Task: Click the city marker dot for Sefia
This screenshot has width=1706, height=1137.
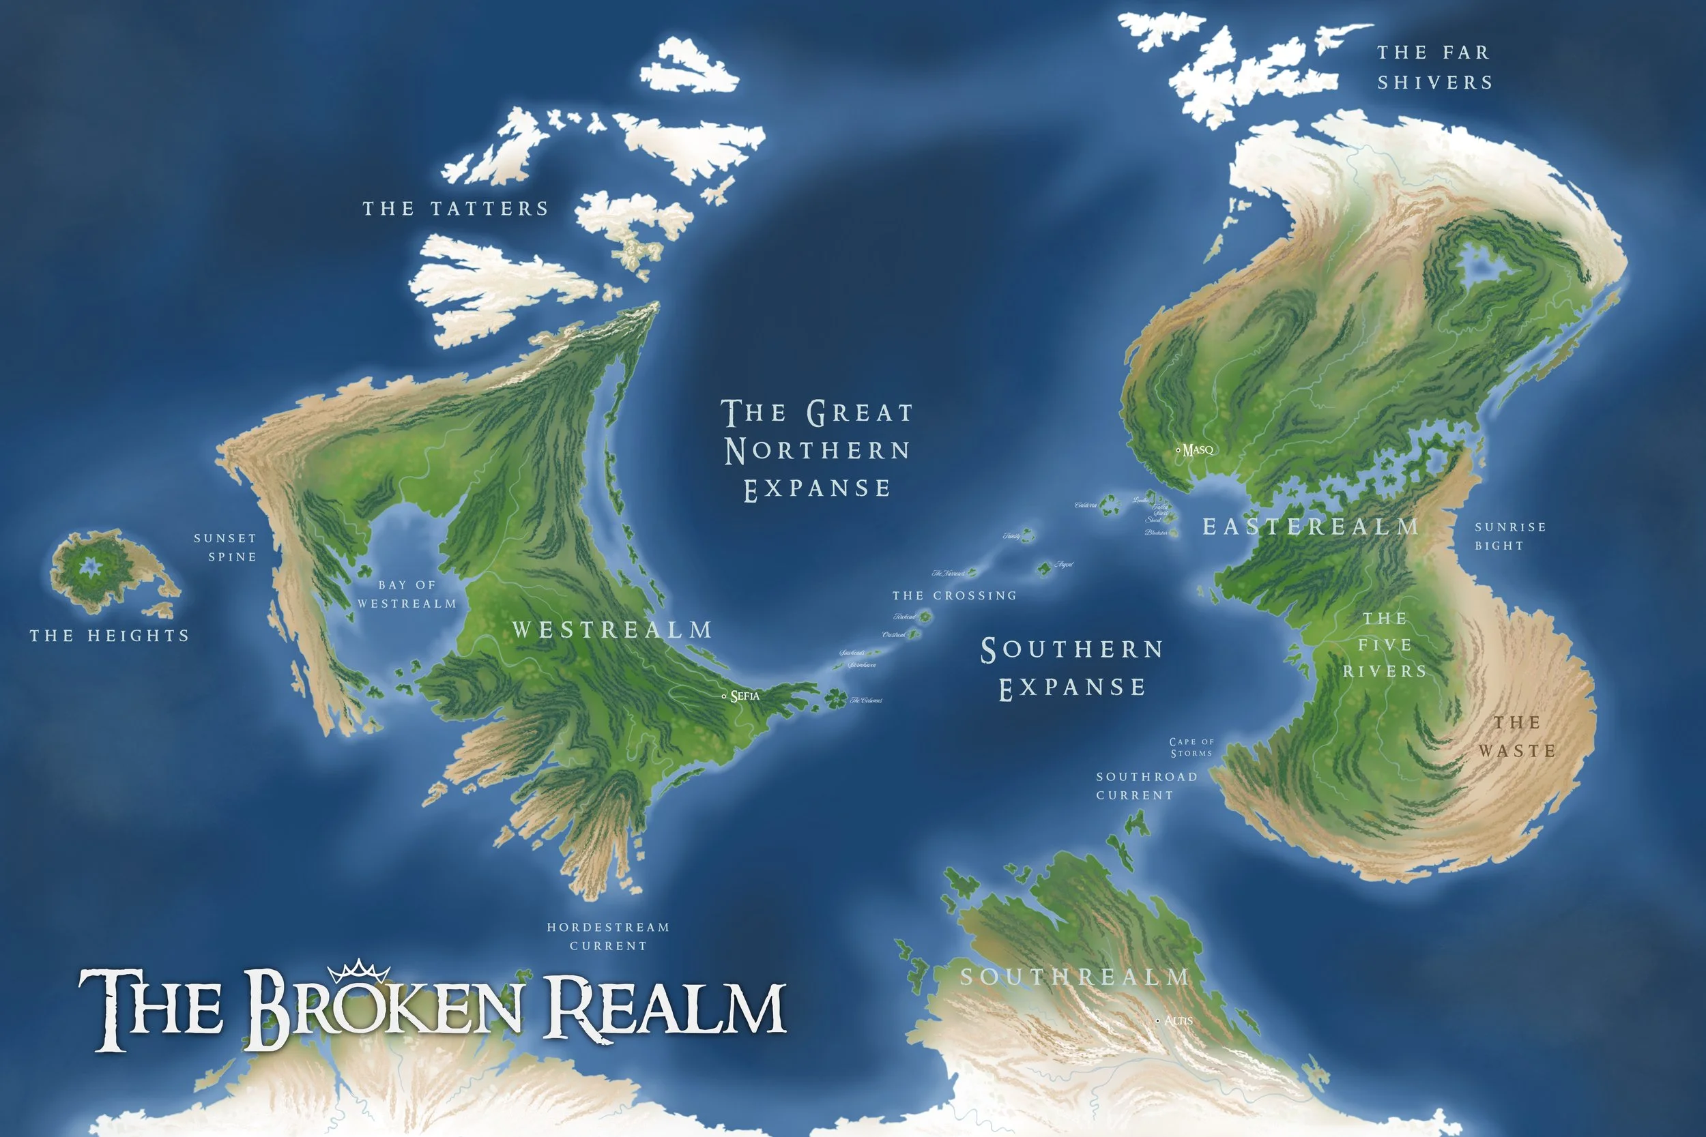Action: click(724, 696)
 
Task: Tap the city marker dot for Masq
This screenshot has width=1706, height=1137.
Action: click(1177, 450)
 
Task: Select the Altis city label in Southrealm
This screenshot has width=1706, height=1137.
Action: click(1178, 1020)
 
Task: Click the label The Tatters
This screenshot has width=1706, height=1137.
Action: click(456, 209)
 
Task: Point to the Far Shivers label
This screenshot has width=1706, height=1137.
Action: click(1434, 68)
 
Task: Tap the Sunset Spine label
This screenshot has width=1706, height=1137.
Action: click(226, 548)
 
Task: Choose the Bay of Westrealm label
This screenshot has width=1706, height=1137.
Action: click(407, 594)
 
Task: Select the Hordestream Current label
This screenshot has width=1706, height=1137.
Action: click(608, 936)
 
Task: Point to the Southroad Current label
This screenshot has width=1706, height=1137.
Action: click(1146, 785)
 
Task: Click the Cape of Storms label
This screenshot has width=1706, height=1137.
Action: click(1191, 747)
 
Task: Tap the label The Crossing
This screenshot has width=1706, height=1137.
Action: click(954, 595)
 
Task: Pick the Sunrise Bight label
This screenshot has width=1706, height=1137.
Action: click(1510, 536)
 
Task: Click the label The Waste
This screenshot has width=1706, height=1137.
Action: click(1518, 736)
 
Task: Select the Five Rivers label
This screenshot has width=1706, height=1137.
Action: click(1385, 645)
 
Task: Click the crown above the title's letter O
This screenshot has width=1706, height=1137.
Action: click(358, 970)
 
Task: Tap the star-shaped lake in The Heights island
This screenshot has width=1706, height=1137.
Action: click(90, 567)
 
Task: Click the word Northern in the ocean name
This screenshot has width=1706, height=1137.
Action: click(818, 450)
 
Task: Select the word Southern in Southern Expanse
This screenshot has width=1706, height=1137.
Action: click(1072, 650)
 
